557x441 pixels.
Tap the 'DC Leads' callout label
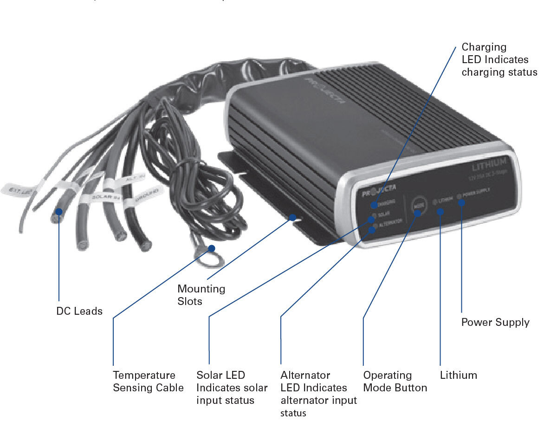point(79,311)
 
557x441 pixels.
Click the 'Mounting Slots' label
point(201,295)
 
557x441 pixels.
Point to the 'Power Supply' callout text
point(495,322)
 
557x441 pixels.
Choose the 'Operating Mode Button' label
point(395,381)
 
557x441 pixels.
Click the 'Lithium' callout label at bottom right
point(458,375)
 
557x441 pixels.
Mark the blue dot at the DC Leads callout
point(59,212)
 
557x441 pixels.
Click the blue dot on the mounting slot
point(292,217)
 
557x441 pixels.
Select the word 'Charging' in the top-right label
point(484,47)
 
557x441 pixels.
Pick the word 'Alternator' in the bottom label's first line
point(305,375)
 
